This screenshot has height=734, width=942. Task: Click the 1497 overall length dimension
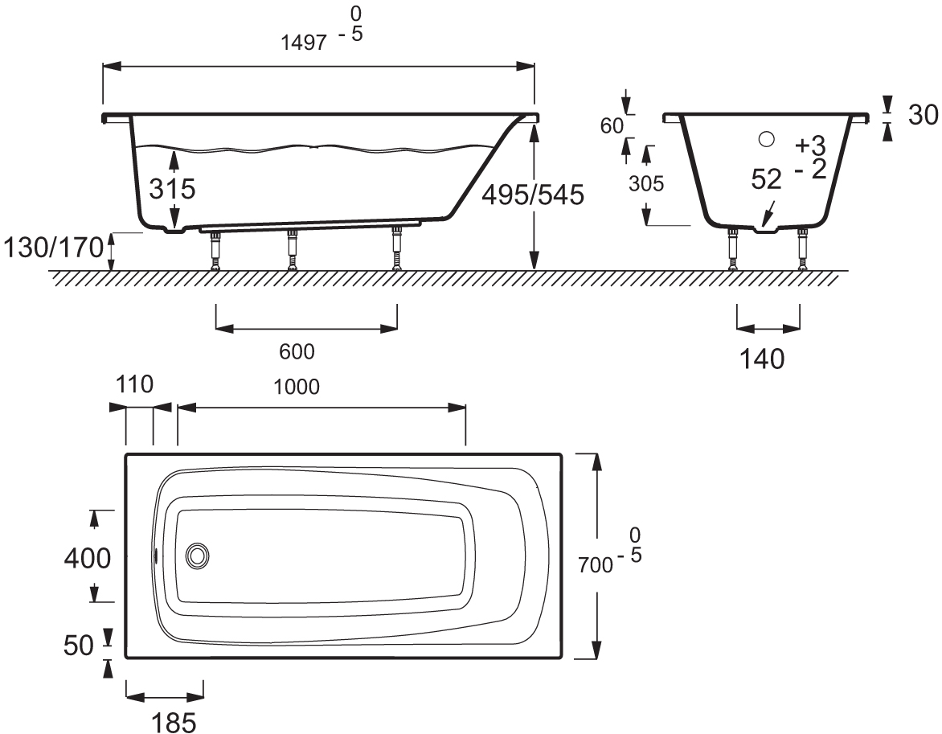pyautogui.click(x=304, y=43)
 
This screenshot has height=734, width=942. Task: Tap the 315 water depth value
pyautogui.click(x=173, y=189)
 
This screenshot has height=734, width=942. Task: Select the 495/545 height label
pyautogui.click(x=533, y=195)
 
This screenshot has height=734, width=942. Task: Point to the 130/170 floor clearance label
pyautogui.click(x=54, y=247)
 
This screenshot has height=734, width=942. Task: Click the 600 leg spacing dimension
pyautogui.click(x=297, y=351)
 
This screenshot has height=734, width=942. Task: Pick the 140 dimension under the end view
pyautogui.click(x=761, y=359)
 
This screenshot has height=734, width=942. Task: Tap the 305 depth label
pyautogui.click(x=646, y=183)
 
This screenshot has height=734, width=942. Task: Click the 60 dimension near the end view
pyautogui.click(x=612, y=126)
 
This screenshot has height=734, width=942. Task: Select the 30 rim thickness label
pyautogui.click(x=923, y=115)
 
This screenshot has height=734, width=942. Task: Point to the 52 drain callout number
pyautogui.click(x=767, y=179)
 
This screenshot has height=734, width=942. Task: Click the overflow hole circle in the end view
pyautogui.click(x=766, y=139)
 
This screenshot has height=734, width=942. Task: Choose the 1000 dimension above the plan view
pyautogui.click(x=296, y=387)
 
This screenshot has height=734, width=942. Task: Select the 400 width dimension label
pyautogui.click(x=88, y=559)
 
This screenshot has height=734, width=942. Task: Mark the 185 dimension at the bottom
pyautogui.click(x=174, y=722)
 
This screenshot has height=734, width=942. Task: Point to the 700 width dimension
pyautogui.click(x=595, y=565)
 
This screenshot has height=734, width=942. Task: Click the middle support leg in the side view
pyautogui.click(x=292, y=249)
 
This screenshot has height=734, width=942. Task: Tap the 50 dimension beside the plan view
pyautogui.click(x=79, y=645)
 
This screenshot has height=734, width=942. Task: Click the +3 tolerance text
pyautogui.click(x=810, y=146)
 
